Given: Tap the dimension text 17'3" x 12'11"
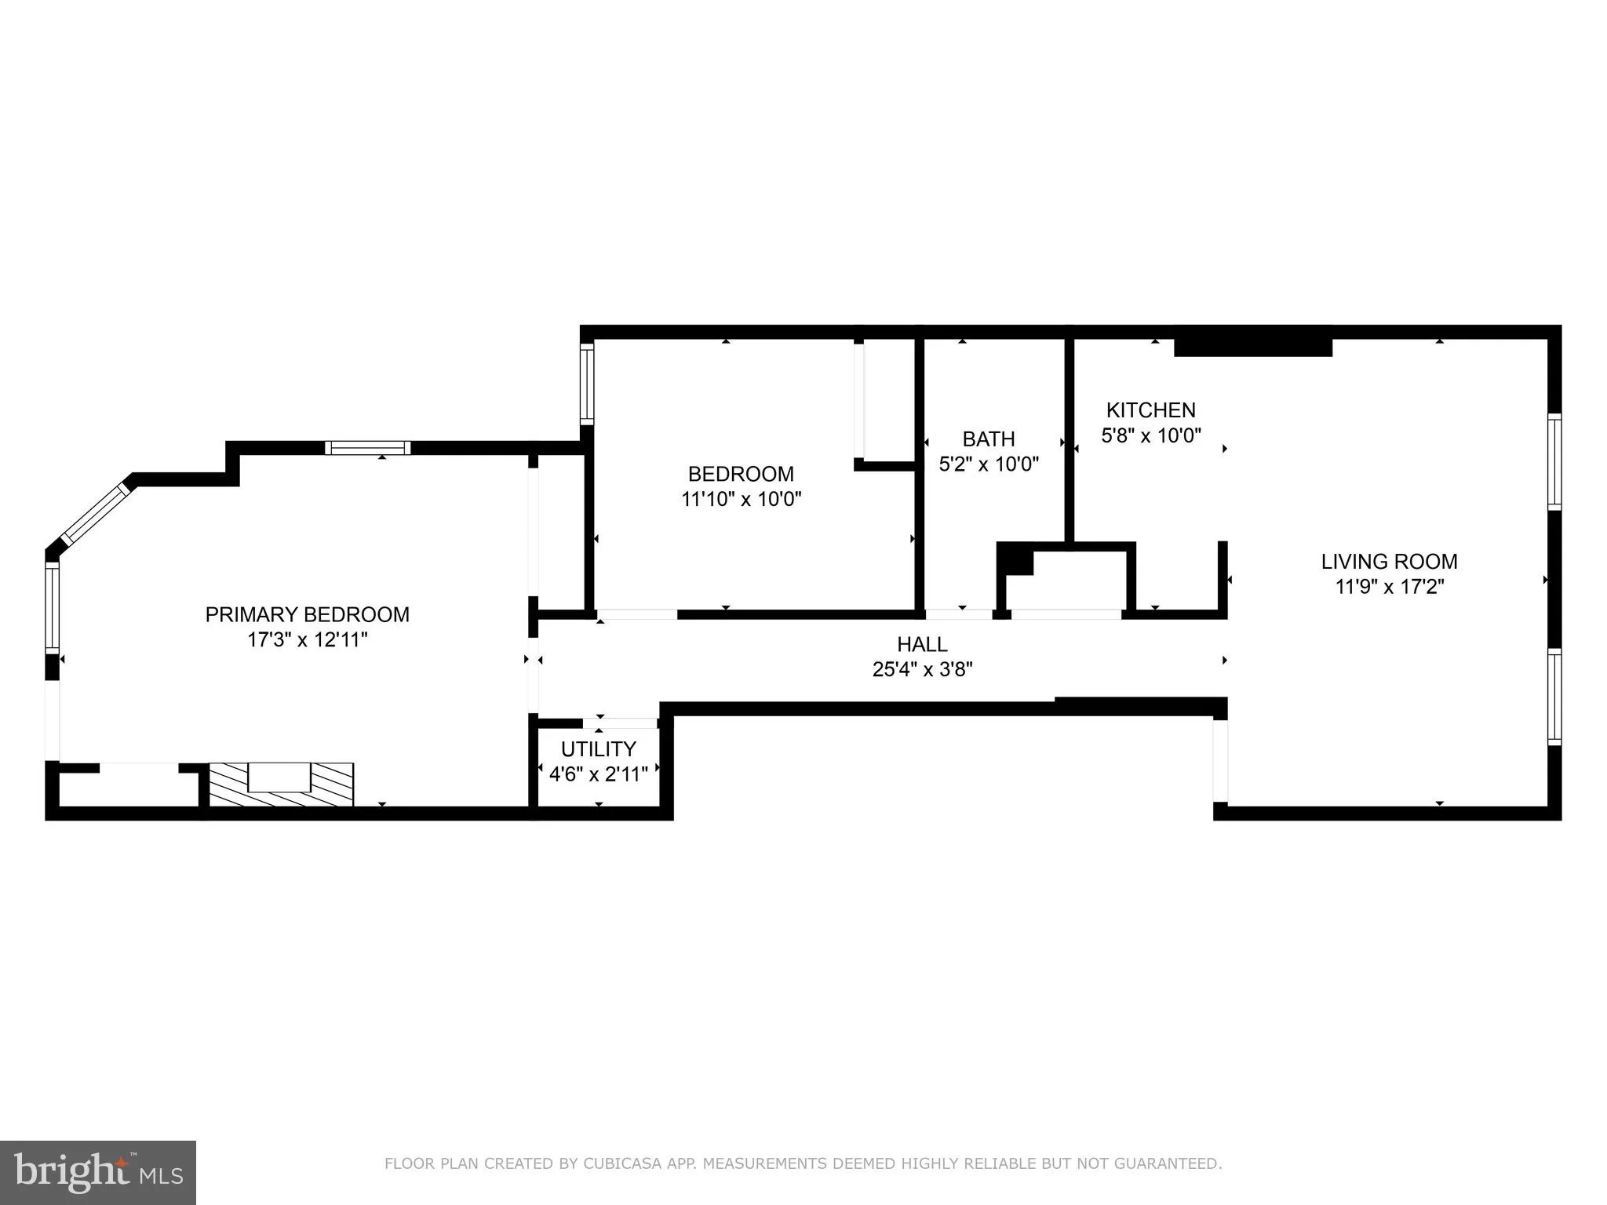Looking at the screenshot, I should click(x=307, y=640).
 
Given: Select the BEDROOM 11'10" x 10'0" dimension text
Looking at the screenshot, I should click(x=741, y=499).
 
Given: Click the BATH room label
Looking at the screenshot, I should click(x=989, y=439).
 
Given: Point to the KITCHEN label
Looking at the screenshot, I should click(x=1150, y=410).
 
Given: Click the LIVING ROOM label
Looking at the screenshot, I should click(x=1389, y=562).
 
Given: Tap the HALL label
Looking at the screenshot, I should click(x=922, y=644).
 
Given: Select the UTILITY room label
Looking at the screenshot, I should click(x=598, y=749).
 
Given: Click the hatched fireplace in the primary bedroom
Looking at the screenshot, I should click(x=280, y=785).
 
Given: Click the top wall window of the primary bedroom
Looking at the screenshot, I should click(x=368, y=448).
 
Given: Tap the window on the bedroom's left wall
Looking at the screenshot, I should click(x=586, y=384).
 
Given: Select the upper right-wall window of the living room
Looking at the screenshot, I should click(x=1554, y=461).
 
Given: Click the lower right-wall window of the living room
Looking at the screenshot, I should click(x=1554, y=696).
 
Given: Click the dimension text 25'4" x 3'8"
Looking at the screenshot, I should click(x=922, y=669).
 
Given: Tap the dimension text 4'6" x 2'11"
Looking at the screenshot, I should click(x=598, y=774).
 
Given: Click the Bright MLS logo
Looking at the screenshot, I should click(x=97, y=1172).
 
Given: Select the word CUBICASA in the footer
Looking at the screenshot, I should click(x=616, y=1163).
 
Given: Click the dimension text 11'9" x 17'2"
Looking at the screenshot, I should click(x=1389, y=587).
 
